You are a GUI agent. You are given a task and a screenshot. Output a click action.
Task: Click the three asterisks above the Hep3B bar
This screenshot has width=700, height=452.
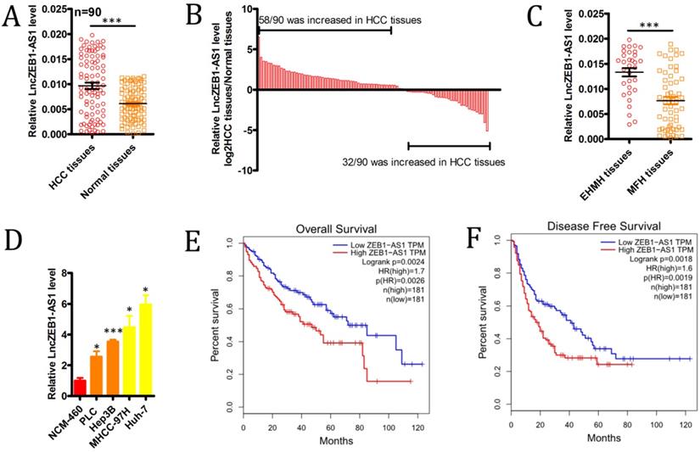point(113,332)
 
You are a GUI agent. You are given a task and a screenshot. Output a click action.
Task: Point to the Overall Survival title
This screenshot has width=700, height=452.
point(337,227)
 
